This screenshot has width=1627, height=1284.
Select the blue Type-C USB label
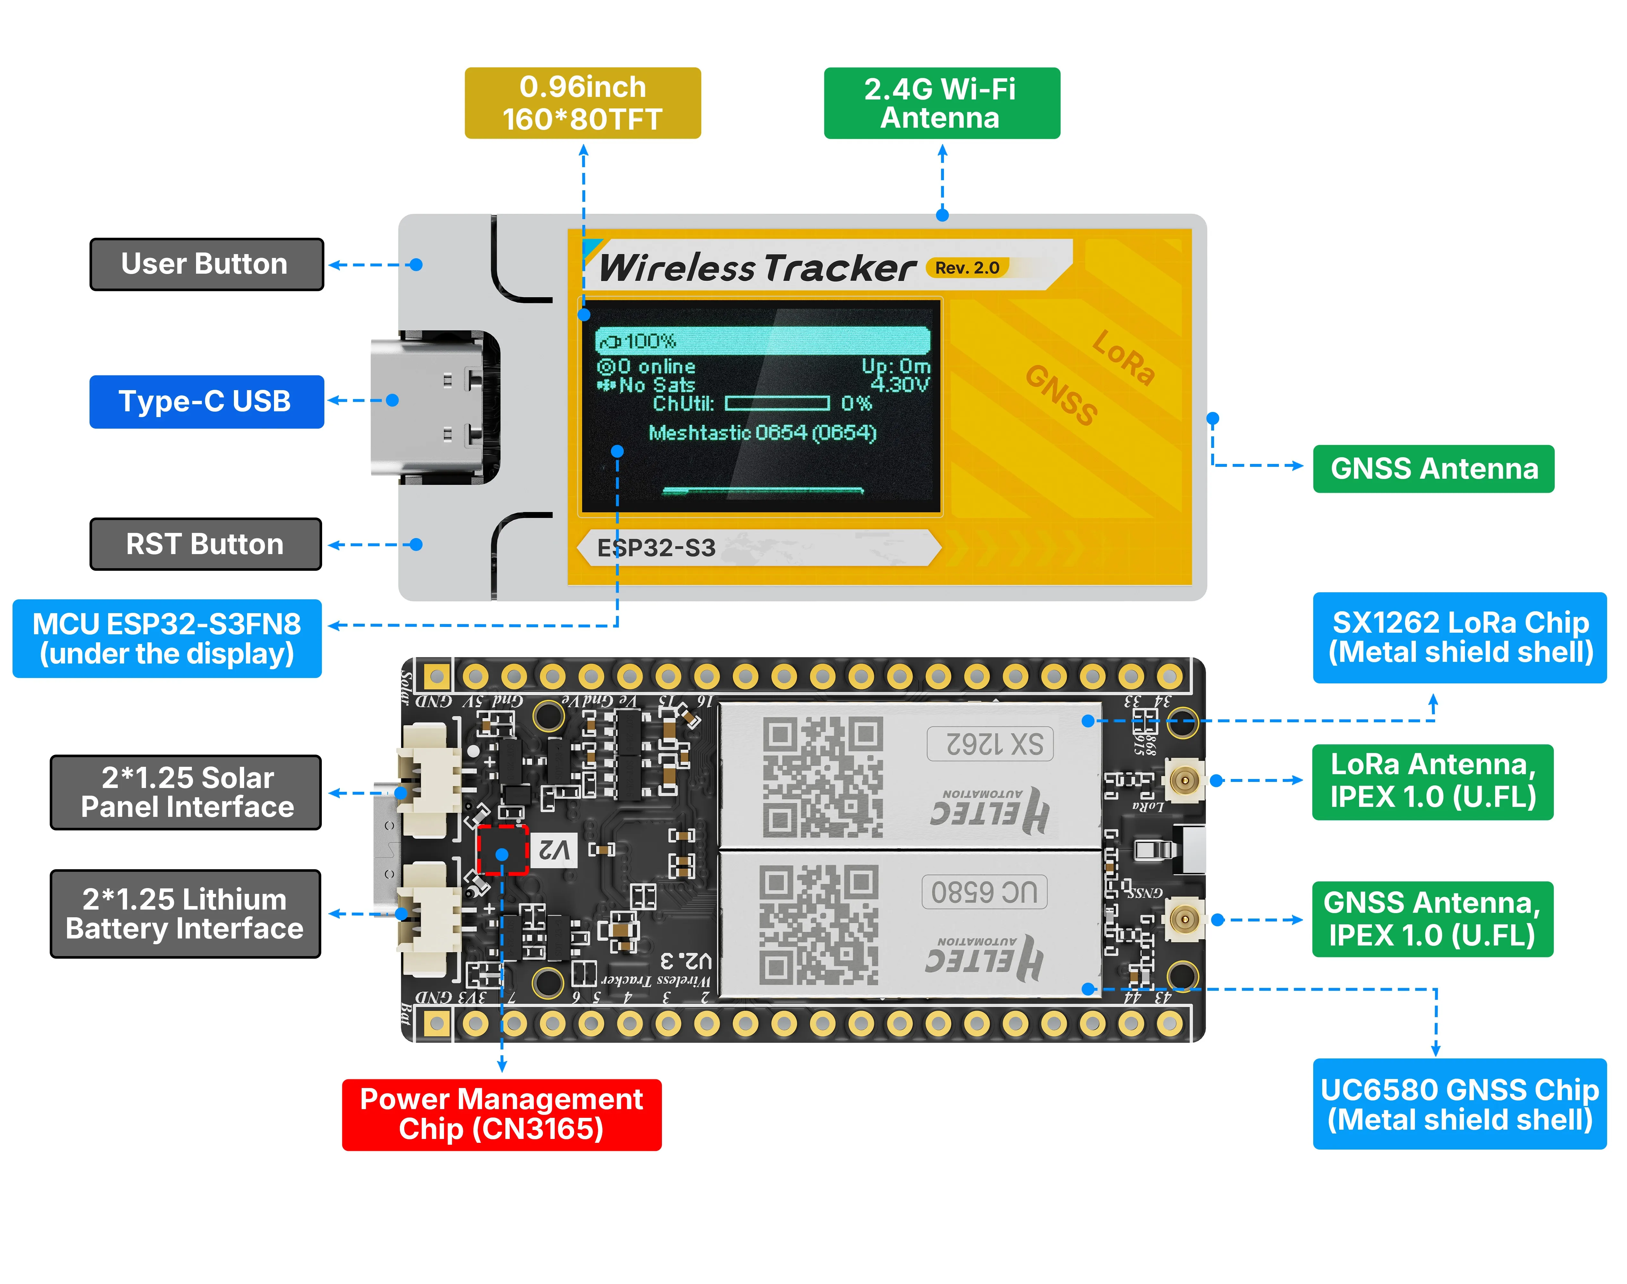pyautogui.click(x=206, y=401)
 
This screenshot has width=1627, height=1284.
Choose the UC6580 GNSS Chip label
pyautogui.click(x=1459, y=1104)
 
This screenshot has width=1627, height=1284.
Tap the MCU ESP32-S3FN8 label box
pyautogui.click(x=167, y=638)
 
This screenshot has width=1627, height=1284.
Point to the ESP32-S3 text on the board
pyautogui.click(x=655, y=548)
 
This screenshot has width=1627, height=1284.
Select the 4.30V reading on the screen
pyautogui.click(x=900, y=385)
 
